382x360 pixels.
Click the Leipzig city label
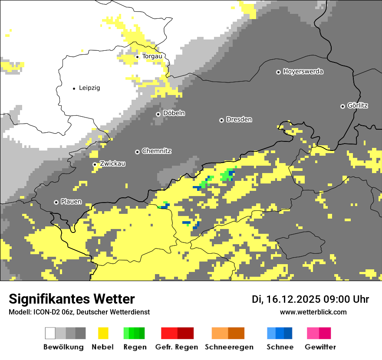(89, 88)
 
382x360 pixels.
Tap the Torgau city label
(152, 56)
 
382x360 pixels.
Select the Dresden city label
(239, 120)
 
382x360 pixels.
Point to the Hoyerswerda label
(303, 72)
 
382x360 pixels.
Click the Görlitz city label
(358, 106)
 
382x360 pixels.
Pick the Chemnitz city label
(156, 151)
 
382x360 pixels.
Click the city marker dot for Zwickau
(95, 164)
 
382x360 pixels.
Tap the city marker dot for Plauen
(56, 202)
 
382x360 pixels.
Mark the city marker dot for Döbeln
(158, 114)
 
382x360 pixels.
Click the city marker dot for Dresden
(221, 120)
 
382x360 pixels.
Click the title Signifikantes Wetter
(72, 299)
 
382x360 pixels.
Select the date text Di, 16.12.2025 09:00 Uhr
(310, 299)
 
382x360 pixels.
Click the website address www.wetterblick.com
(313, 312)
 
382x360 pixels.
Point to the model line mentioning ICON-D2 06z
(79, 312)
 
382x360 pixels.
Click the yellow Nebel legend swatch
(103, 333)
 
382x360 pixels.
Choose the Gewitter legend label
(320, 347)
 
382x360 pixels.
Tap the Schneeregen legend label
(229, 347)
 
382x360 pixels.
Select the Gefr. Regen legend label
(177, 347)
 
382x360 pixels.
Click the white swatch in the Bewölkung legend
(50, 333)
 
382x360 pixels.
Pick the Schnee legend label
(280, 347)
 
